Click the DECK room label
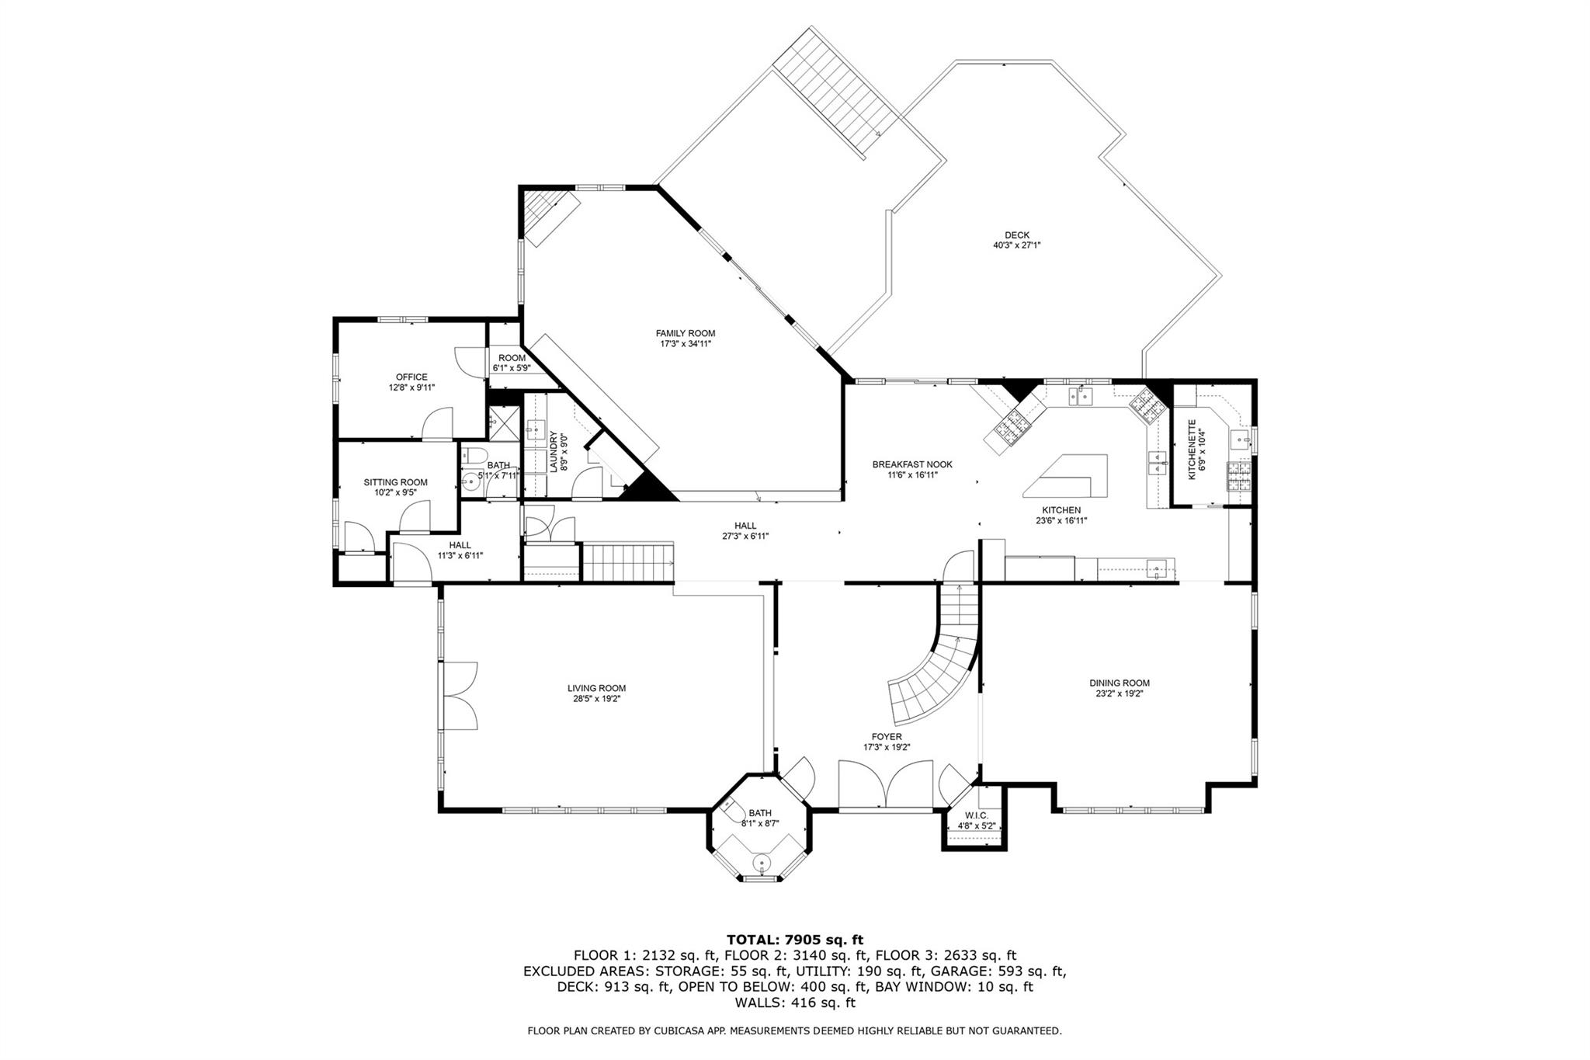[1016, 235]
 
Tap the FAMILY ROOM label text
[685, 333]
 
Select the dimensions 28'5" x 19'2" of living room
[596, 699]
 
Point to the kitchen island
[1067, 475]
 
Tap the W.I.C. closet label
[976, 815]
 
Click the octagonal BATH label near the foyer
[759, 813]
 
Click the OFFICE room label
[411, 377]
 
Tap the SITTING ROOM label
[395, 482]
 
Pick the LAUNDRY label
[554, 452]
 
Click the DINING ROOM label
[1119, 683]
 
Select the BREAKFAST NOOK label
[911, 464]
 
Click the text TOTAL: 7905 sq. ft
[794, 940]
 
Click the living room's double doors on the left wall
[459, 695]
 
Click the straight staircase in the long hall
[627, 561]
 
